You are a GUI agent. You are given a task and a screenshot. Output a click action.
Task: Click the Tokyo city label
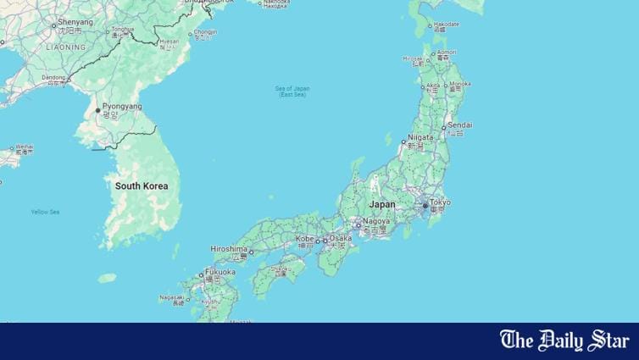[440, 202]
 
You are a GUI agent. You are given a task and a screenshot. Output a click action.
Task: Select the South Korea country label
[142, 186]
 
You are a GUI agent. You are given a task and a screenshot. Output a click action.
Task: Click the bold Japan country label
[382, 204]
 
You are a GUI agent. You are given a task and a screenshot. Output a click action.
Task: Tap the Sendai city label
[459, 125]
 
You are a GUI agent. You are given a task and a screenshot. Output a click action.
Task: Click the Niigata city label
[420, 136]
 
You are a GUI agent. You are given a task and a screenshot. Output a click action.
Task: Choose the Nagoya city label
[376, 222]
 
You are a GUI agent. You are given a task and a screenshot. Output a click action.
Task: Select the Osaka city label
[340, 239]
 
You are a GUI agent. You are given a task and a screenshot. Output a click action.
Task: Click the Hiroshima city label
[230, 248]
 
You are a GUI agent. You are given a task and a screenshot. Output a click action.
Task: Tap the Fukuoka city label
[219, 272]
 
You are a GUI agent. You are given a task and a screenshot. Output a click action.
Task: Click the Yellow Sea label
[45, 212]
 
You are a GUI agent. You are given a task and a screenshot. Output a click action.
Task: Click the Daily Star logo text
[564, 341]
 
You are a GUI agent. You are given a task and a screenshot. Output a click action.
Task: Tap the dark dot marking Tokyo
[425, 206]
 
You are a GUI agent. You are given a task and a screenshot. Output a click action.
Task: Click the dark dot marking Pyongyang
[98, 110]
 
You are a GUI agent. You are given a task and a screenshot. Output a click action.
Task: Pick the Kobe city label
[304, 239]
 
